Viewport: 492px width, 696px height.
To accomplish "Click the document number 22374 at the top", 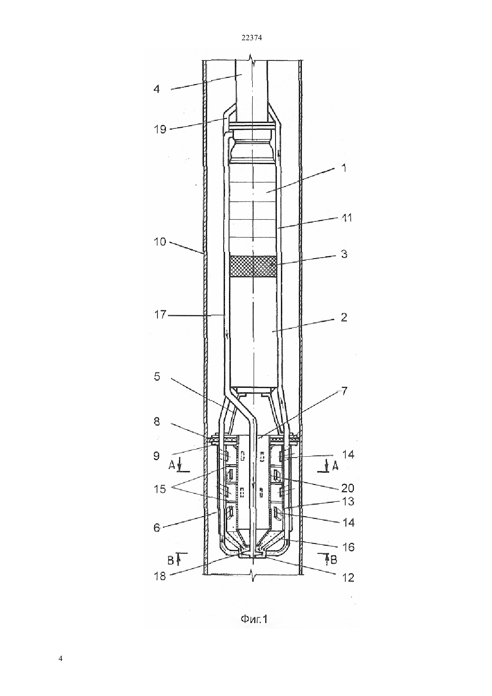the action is click(x=251, y=38).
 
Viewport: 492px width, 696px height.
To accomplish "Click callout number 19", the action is click(x=160, y=129).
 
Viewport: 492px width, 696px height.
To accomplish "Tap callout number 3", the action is click(x=344, y=254).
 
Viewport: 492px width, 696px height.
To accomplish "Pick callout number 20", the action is click(x=348, y=488).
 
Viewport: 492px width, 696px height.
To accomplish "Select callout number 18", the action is click(x=160, y=577).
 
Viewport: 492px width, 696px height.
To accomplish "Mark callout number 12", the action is click(x=348, y=577).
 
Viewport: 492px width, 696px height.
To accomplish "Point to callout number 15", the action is click(x=160, y=489).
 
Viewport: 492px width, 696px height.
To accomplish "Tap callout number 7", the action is click(x=344, y=391).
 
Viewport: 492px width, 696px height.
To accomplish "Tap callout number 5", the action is click(x=157, y=377).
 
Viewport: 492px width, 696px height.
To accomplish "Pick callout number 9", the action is click(x=156, y=456).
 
